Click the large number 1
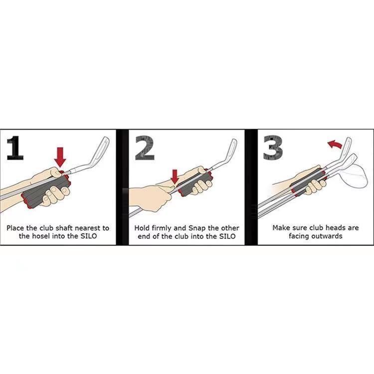15,148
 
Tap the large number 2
145,148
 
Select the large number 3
273,148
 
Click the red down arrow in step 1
60,157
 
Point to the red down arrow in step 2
175,177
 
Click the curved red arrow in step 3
335,144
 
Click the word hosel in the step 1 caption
42,236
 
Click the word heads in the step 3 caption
336,228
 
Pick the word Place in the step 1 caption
15,228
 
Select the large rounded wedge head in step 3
353,176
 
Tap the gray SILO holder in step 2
194,182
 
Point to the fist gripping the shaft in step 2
150,197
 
